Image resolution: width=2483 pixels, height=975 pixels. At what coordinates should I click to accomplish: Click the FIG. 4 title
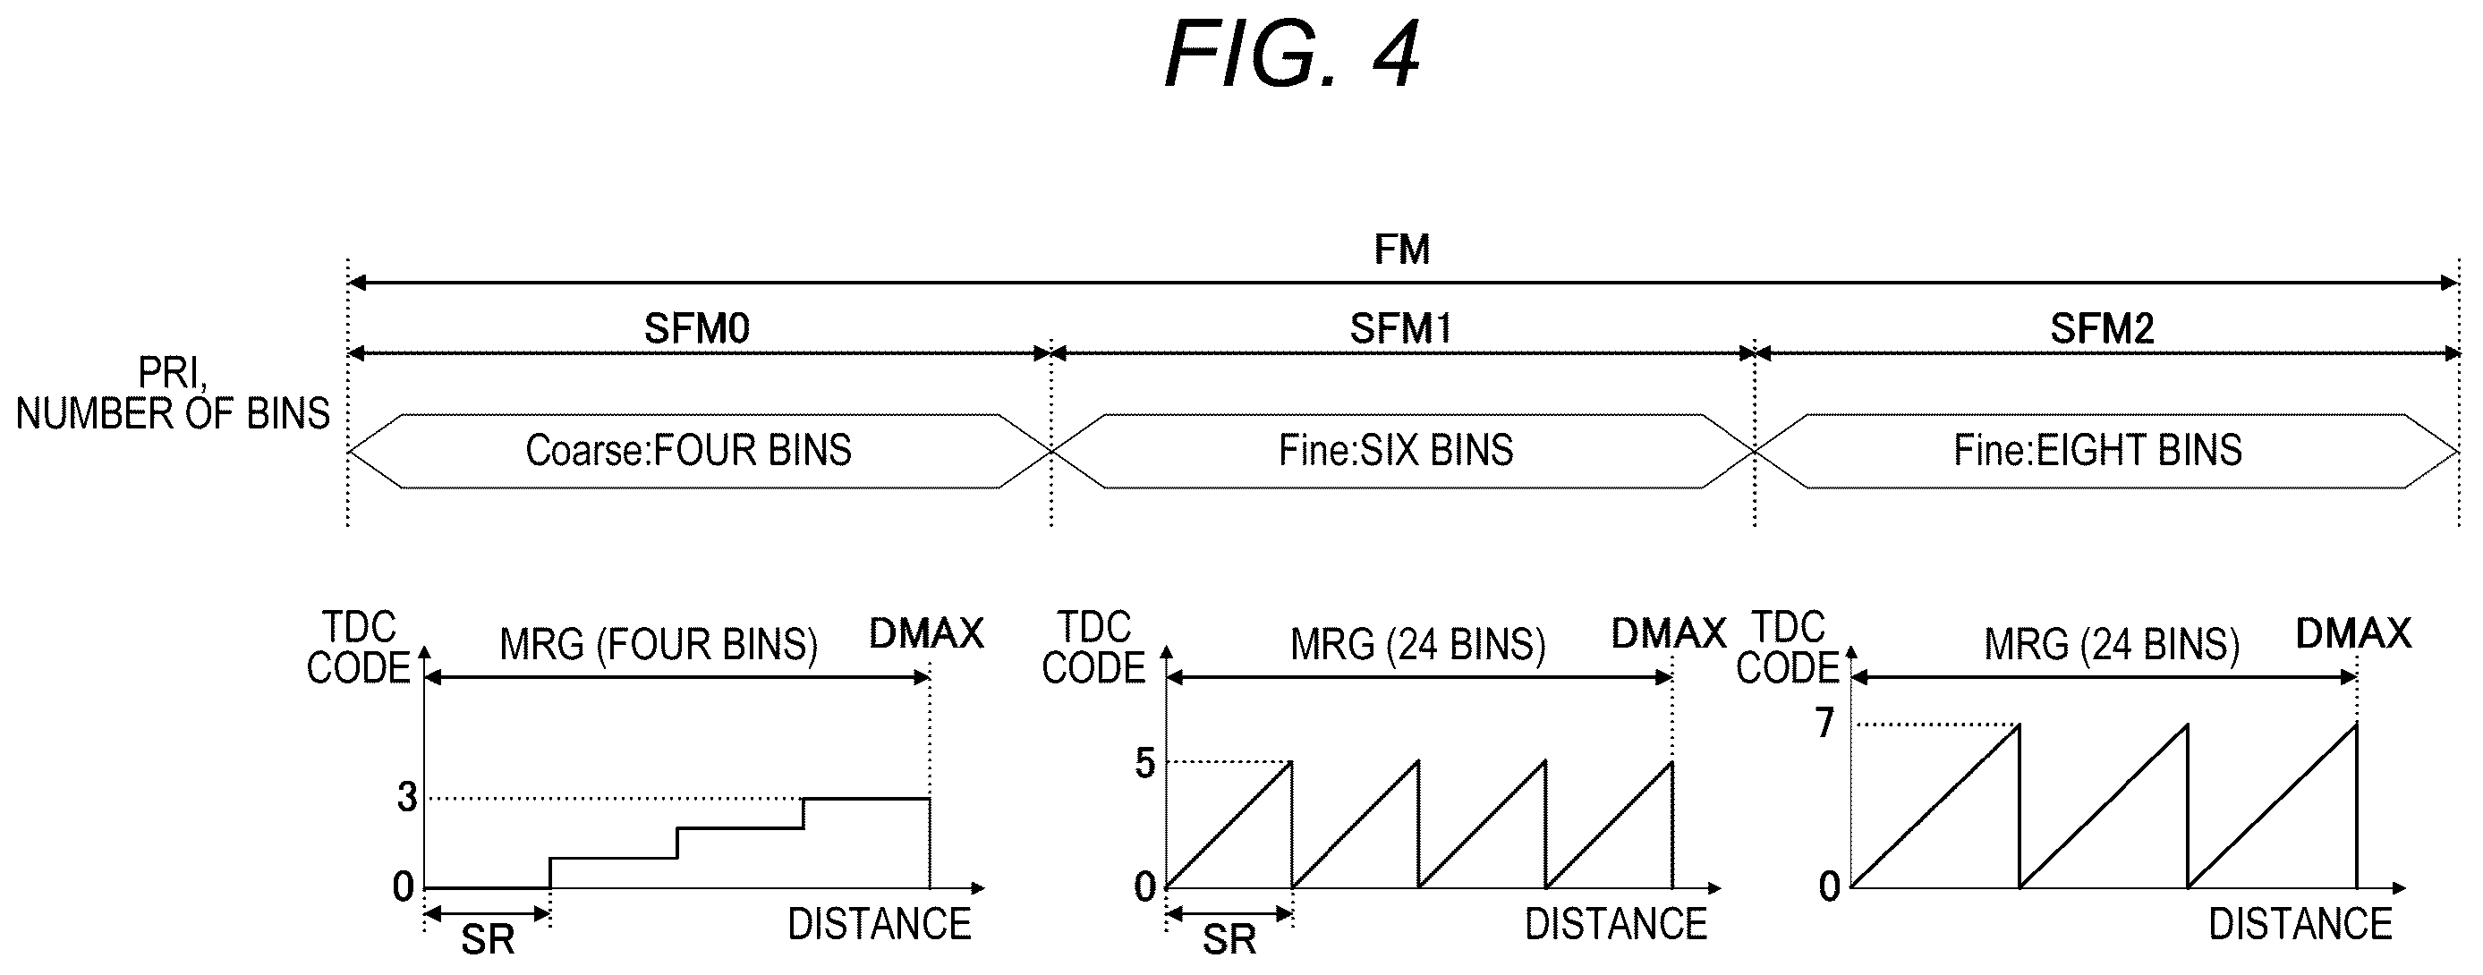(x=1292, y=55)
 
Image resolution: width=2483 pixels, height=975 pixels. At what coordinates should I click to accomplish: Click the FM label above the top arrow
(x=1401, y=250)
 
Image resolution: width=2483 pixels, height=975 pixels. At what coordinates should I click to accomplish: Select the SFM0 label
(x=697, y=328)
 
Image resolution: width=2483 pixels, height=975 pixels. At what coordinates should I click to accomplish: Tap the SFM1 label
(x=1400, y=328)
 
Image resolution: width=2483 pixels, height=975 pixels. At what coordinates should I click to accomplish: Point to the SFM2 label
(x=2102, y=328)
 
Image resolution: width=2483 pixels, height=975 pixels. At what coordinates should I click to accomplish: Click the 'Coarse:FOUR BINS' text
(x=688, y=450)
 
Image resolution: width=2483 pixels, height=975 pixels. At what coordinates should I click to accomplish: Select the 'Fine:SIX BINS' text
(x=1396, y=450)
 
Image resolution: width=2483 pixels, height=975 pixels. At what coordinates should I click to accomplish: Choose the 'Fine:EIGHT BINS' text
(x=2097, y=450)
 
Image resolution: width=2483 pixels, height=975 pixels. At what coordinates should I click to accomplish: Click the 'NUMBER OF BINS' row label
(x=173, y=413)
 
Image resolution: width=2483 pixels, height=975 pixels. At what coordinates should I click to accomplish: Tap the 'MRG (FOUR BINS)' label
(x=659, y=643)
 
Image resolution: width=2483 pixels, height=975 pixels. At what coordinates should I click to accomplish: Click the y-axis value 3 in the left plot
(x=407, y=797)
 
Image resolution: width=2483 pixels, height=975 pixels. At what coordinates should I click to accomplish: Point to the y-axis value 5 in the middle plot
(x=1144, y=763)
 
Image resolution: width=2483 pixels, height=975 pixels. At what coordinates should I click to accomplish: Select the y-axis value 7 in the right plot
(x=1824, y=723)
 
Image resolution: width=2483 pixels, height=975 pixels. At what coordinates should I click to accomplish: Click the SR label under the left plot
(x=488, y=939)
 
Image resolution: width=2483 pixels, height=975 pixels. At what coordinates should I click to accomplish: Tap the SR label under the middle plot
(x=1229, y=939)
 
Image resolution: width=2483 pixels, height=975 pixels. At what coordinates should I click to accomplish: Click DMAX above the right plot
(x=2354, y=633)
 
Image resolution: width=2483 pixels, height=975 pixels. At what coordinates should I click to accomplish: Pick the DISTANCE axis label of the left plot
(x=879, y=924)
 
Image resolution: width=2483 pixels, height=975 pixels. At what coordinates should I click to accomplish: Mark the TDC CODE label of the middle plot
(x=1093, y=648)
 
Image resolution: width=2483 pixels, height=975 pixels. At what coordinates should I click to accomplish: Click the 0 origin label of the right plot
(x=1830, y=886)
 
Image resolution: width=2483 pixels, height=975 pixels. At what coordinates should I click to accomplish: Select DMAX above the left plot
(x=926, y=633)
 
